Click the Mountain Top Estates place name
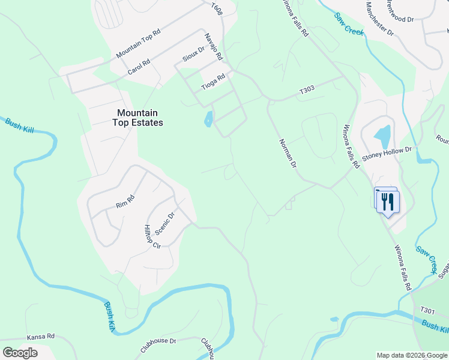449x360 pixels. pyautogui.click(x=137, y=118)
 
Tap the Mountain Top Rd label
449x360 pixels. pyautogui.click(x=139, y=44)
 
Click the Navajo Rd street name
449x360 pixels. pyautogui.click(x=214, y=47)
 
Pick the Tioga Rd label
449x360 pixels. pyautogui.click(x=213, y=82)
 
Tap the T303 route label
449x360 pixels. pyautogui.click(x=307, y=91)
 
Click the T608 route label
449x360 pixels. pyautogui.click(x=217, y=8)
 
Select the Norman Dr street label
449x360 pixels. pyautogui.click(x=288, y=153)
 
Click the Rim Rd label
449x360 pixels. pyautogui.click(x=125, y=202)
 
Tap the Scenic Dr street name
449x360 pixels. pyautogui.click(x=164, y=223)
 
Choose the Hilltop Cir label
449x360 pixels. pyautogui.click(x=152, y=237)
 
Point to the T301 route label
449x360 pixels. pyautogui.click(x=427, y=310)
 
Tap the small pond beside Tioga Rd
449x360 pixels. pyautogui.click(x=208, y=119)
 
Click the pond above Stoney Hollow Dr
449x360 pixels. pyautogui.click(x=382, y=136)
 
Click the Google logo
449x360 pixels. pyautogui.click(x=20, y=353)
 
